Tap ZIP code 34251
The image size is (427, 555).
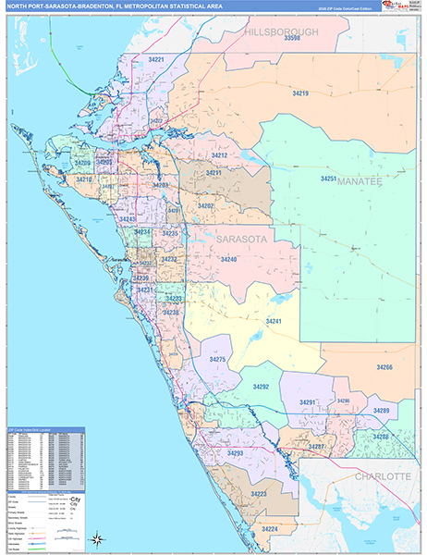coord(329,178)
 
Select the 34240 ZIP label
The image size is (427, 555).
coord(228,260)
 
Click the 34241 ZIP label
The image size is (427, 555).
coord(274,320)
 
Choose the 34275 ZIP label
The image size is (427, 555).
coord(218,358)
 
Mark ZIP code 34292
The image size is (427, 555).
coord(261,387)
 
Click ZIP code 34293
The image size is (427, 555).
coord(235,453)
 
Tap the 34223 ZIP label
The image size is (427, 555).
coord(259,494)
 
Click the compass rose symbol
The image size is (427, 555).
coord(97,536)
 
